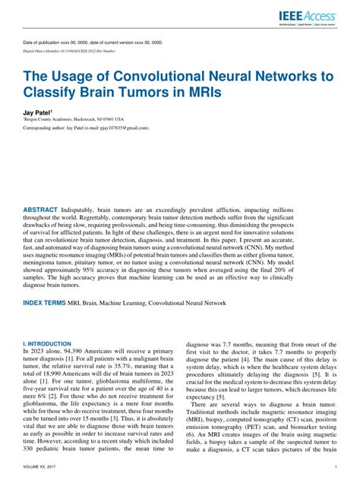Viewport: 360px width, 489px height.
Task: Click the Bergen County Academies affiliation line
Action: point(74,119)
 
